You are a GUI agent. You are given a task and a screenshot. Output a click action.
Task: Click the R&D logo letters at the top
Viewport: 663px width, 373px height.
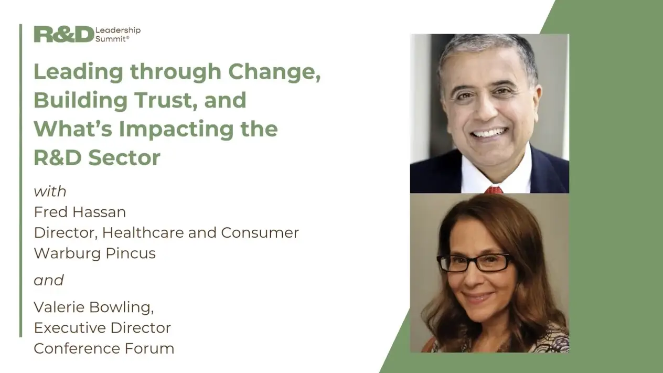(63, 34)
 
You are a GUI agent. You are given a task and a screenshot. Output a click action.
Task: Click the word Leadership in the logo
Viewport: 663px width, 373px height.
(118, 30)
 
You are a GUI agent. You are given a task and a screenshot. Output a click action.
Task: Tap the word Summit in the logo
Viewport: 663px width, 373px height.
(111, 39)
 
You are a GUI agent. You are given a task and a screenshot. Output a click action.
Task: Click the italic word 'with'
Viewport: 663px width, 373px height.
(50, 191)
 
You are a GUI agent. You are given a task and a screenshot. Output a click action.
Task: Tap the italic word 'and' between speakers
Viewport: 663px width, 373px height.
(49, 280)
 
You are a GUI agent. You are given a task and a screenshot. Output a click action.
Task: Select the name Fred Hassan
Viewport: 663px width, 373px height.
(80, 212)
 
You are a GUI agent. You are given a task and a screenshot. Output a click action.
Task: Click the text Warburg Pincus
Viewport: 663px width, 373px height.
(94, 253)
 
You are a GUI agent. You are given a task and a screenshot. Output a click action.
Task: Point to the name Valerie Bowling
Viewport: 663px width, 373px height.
(93, 306)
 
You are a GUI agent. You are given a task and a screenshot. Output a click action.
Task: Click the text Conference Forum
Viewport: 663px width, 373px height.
(104, 348)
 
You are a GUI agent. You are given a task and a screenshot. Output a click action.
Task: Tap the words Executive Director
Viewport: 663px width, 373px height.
(102, 327)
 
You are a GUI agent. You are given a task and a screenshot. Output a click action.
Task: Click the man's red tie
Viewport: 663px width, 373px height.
(493, 189)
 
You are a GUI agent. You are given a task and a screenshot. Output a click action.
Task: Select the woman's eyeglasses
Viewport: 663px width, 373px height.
(474, 262)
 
